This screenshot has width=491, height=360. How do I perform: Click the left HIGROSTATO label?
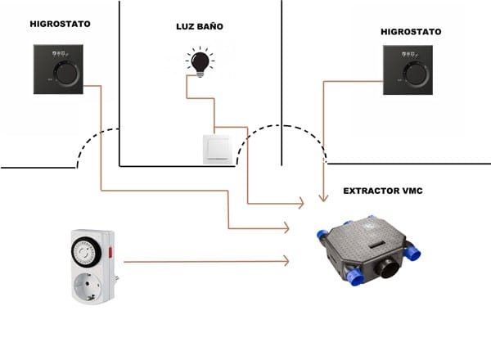click(60, 25)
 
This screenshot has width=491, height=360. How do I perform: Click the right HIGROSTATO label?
click(411, 32)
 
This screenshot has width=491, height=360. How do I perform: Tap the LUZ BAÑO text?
click(200, 27)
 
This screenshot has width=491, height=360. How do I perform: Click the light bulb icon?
click(198, 61)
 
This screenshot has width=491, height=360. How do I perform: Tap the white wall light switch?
click(219, 149)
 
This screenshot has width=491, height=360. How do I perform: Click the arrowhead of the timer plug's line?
click(286, 261)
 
